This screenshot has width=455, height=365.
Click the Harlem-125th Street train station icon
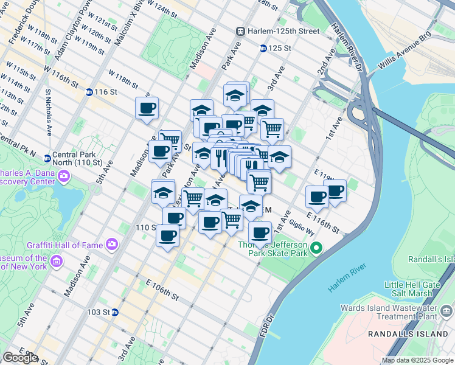(241, 31)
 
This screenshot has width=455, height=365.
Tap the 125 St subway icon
(263, 48)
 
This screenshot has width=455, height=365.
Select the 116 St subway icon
(89, 92)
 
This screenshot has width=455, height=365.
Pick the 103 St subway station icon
(114, 312)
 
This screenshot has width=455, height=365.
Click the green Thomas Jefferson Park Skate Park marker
(316, 248)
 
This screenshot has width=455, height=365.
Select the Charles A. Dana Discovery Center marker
(64, 177)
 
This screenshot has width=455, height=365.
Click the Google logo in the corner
(20, 358)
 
